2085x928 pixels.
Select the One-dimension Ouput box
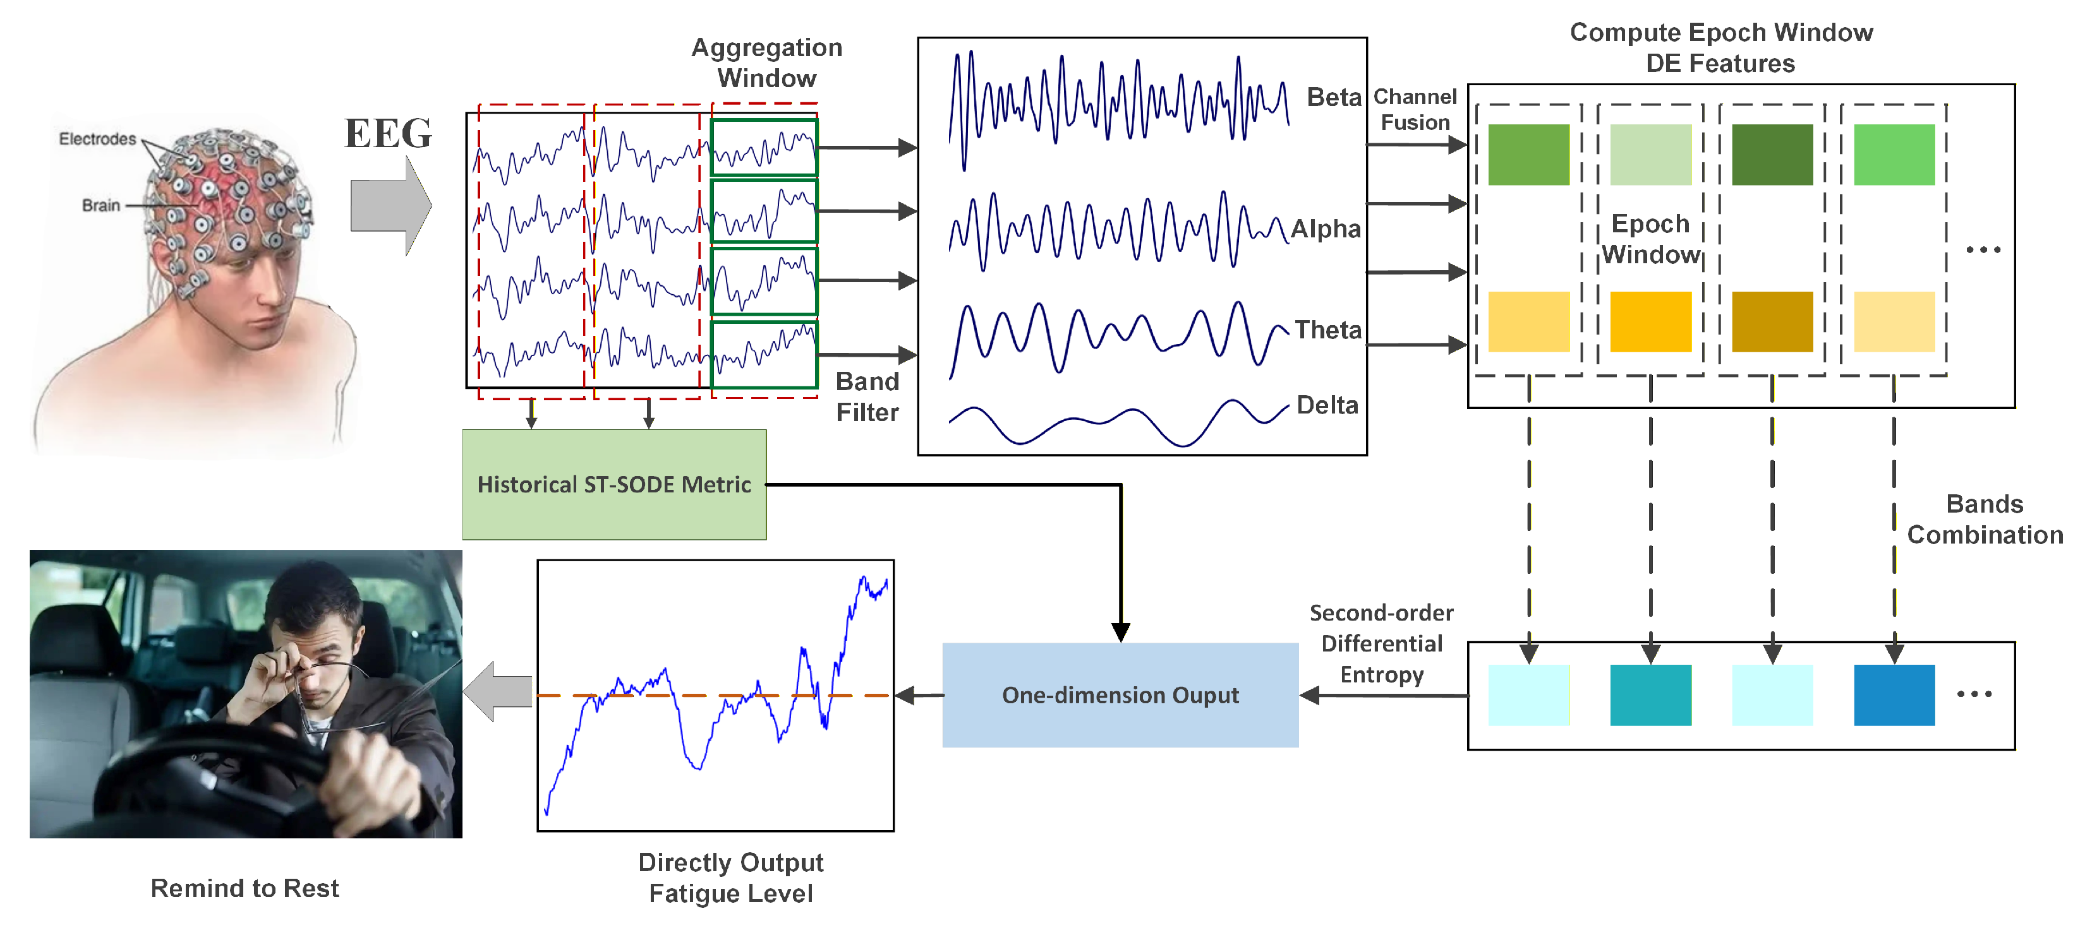(x=1120, y=695)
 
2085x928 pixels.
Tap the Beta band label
(x=1333, y=97)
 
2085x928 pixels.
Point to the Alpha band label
(x=1325, y=229)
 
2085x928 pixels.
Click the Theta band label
(x=1327, y=330)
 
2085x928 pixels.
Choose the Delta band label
(x=1327, y=405)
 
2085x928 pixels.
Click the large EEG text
(x=389, y=133)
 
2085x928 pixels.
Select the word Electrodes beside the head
(x=97, y=138)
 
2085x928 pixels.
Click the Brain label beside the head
(x=100, y=206)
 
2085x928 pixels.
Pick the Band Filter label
(x=867, y=396)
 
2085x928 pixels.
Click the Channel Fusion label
(x=1414, y=109)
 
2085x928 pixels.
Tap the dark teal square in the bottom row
(x=1650, y=695)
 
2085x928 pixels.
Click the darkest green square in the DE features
(x=1771, y=155)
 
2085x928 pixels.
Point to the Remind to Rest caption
(x=245, y=888)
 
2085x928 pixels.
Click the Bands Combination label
(x=1984, y=520)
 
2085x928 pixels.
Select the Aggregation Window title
(x=766, y=62)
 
